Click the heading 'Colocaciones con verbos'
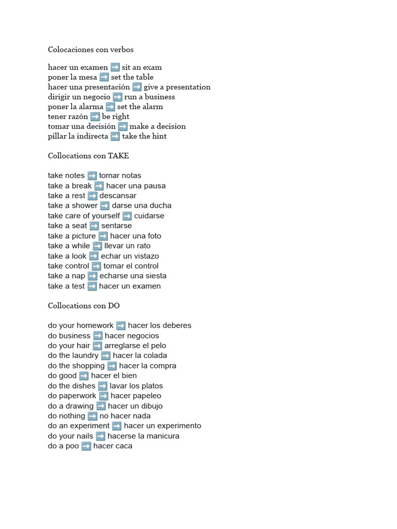[90, 50]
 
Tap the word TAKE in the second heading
[118, 155]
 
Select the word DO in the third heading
[114, 305]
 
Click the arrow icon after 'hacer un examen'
[115, 67]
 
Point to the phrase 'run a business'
[149, 97]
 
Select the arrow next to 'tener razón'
[95, 117]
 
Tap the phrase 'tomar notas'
[120, 176]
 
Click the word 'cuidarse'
[149, 216]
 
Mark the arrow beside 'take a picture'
[103, 236]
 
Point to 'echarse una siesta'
[133, 276]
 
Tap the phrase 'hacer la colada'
[140, 355]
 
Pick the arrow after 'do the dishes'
[102, 386]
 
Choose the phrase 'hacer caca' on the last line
[113, 446]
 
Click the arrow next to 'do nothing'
[93, 416]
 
